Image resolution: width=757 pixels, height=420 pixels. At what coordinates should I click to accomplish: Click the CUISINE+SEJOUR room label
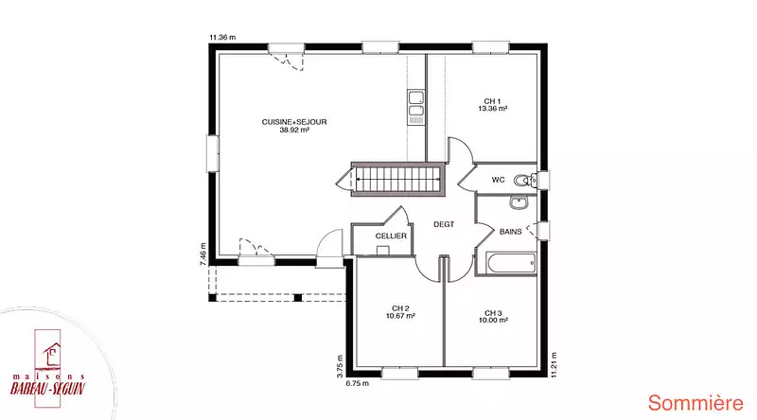click(294, 122)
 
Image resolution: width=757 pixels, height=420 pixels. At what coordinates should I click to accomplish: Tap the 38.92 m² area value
click(294, 130)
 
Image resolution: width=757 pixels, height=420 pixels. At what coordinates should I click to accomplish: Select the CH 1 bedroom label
click(492, 101)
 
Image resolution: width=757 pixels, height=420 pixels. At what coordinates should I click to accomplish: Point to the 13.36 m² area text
click(492, 109)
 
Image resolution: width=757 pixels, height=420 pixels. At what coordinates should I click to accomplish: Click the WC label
click(499, 180)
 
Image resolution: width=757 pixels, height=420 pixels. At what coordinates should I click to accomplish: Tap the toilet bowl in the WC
click(522, 181)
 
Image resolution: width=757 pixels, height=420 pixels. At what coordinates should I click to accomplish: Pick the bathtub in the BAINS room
click(512, 263)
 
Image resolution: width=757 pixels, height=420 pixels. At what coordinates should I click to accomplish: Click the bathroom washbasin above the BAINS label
click(519, 201)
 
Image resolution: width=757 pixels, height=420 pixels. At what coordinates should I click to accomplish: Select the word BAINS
click(510, 232)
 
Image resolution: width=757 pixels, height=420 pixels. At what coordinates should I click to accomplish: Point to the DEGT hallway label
click(444, 224)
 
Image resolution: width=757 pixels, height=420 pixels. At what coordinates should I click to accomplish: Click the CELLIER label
click(391, 236)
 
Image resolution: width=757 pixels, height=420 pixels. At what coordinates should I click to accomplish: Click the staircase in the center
click(397, 179)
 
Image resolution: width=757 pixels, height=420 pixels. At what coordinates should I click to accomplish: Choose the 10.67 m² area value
click(400, 316)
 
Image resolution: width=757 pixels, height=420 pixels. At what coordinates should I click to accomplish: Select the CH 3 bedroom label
click(493, 313)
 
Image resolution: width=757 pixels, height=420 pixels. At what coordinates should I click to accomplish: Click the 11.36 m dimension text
click(222, 37)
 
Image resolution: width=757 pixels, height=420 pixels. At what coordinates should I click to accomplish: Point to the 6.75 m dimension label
click(358, 383)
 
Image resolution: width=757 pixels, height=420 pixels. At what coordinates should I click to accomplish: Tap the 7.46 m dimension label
click(203, 254)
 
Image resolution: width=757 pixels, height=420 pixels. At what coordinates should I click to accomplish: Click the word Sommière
click(695, 403)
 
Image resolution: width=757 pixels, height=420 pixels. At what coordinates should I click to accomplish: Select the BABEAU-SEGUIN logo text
click(48, 388)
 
